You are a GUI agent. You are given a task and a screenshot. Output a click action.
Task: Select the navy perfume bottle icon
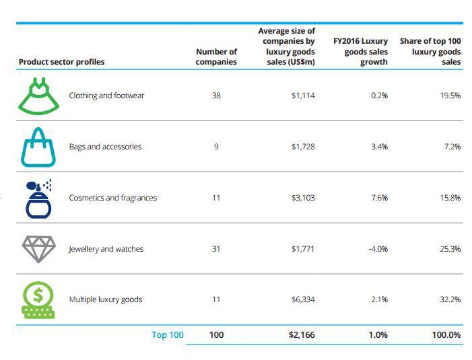pyautogui.click(x=38, y=199)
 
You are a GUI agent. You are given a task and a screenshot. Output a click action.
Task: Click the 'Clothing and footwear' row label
pyautogui.click(x=106, y=96)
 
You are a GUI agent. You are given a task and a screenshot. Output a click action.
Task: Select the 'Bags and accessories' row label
pyautogui.click(x=105, y=147)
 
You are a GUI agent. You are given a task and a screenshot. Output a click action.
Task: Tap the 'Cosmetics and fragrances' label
pyautogui.click(x=112, y=198)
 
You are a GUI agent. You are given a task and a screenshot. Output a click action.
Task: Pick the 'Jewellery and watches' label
pyautogui.click(x=106, y=249)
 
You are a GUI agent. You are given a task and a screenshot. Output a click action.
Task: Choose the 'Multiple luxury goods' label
pyautogui.click(x=105, y=299)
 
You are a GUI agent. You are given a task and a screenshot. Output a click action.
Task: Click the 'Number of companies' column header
pyautogui.click(x=216, y=57)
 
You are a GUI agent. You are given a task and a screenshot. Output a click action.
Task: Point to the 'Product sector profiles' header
pyautogui.click(x=61, y=62)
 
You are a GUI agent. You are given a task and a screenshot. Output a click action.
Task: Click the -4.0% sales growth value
pyautogui.click(x=378, y=249)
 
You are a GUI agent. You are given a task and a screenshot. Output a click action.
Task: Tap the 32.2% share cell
pyautogui.click(x=450, y=299)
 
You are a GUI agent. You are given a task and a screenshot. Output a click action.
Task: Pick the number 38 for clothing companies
pyautogui.click(x=216, y=96)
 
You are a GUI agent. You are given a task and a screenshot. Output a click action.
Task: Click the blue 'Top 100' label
pyautogui.click(x=168, y=334)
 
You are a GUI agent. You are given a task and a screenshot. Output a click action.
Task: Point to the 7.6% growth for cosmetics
pyautogui.click(x=379, y=198)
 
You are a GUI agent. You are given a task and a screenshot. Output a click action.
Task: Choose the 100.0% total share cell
pyautogui.click(x=447, y=334)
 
